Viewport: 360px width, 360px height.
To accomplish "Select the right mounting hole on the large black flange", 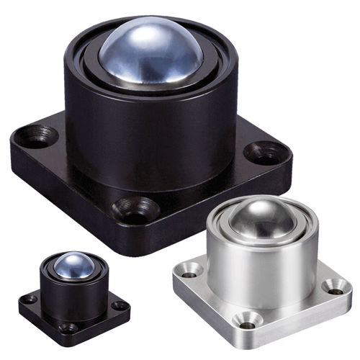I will (x=266, y=152).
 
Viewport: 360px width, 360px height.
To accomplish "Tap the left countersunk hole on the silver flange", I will (x=190, y=271).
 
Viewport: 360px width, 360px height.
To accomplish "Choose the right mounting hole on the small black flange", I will (x=119, y=305).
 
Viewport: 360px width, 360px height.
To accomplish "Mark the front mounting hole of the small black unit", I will (x=68, y=327).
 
